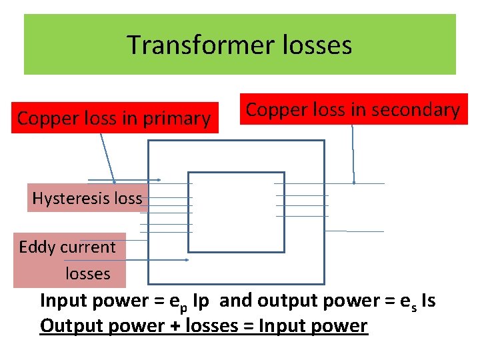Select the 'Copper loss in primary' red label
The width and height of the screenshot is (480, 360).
coord(114,119)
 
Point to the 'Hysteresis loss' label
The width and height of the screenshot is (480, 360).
coord(87,198)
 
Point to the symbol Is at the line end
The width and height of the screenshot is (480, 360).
coord(426,301)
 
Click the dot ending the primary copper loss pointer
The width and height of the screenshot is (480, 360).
coord(115,181)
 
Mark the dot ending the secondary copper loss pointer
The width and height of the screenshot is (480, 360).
coord(354,181)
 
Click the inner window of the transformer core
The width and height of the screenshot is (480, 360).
coord(237,212)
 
